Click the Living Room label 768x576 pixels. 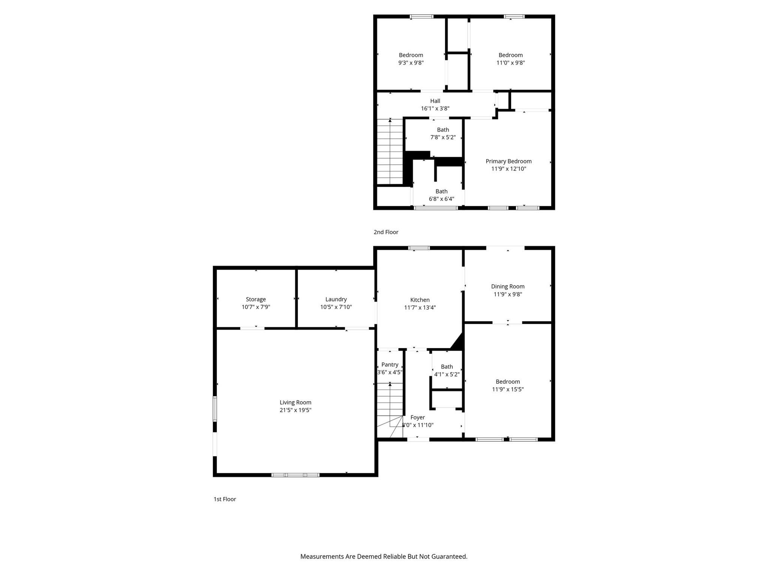tap(295, 402)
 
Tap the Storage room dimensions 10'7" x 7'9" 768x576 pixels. tap(256, 307)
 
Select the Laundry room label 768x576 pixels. tap(336, 299)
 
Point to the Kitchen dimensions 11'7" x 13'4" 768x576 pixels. tap(420, 307)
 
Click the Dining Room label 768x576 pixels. tap(508, 286)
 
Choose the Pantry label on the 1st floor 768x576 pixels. tap(390, 364)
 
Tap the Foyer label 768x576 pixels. tap(417, 417)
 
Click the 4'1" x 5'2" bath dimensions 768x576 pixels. tap(447, 374)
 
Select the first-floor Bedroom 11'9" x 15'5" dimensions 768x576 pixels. tap(508, 389)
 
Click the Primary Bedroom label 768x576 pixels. tap(508, 161)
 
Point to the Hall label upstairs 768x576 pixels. tap(435, 101)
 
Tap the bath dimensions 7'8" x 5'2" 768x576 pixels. tap(443, 137)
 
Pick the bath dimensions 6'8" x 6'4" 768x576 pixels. tap(441, 199)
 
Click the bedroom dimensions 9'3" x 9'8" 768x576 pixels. tap(411, 63)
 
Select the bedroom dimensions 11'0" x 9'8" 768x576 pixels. tap(510, 63)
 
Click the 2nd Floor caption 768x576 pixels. tap(386, 232)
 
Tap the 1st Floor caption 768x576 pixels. tap(225, 499)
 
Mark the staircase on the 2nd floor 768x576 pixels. tap(390, 152)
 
